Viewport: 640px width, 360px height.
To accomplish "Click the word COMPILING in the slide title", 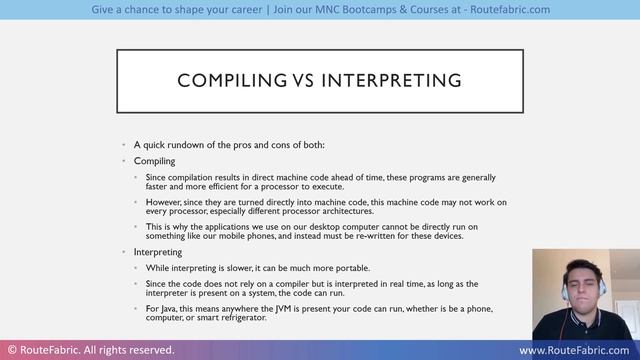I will pyautogui.click(x=223, y=79).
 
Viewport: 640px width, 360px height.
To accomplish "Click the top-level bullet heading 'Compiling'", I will pyautogui.click(x=154, y=160).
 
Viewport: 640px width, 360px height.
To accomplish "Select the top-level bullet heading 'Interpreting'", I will pyautogui.click(x=158, y=252).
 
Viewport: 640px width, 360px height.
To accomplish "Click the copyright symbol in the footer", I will pyautogui.click(x=11, y=351).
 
